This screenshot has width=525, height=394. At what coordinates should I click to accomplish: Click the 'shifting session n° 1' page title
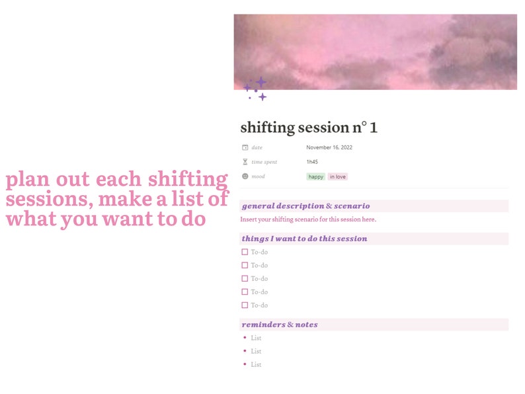coord(309,127)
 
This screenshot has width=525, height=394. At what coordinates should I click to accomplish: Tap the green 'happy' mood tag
coord(316,177)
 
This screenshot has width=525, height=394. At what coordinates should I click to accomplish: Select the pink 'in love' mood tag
coord(338,177)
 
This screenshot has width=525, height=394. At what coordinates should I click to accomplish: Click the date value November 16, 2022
coord(329,147)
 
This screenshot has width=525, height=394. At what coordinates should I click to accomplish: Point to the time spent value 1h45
coord(312,162)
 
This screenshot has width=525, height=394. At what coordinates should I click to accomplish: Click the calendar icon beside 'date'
coord(245,147)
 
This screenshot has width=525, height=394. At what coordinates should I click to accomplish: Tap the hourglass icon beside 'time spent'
coord(245,162)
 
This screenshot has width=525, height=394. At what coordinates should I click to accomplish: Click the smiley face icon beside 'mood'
coord(245,177)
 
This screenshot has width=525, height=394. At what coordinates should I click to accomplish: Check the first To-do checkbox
coord(245,252)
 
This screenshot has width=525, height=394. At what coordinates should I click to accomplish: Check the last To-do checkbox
coord(245,305)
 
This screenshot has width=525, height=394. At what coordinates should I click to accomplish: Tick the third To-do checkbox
coord(245,278)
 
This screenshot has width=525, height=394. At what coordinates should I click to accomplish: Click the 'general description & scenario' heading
coord(305,206)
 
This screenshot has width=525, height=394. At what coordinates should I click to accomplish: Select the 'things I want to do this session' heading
coord(304,239)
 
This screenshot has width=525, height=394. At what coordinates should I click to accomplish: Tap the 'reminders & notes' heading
coord(280,325)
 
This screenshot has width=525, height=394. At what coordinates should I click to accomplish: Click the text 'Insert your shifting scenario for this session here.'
coord(308,219)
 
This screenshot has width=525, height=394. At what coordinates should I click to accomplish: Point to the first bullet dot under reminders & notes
coord(245,338)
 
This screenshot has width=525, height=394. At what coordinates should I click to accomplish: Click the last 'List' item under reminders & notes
coord(256,364)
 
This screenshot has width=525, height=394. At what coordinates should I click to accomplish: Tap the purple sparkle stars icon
coord(255,89)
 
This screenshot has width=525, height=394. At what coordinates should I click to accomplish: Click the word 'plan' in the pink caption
coord(26,179)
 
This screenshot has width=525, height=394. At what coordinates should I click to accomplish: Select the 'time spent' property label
coord(264,162)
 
